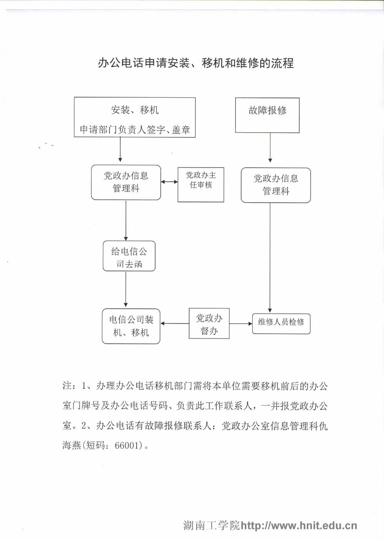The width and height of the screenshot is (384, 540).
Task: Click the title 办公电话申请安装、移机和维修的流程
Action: click(x=196, y=63)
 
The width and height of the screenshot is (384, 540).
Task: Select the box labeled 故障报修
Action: click(x=267, y=115)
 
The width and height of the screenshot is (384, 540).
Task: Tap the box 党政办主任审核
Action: click(x=201, y=184)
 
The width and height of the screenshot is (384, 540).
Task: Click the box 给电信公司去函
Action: click(x=129, y=256)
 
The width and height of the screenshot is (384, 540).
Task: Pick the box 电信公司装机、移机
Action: click(x=131, y=326)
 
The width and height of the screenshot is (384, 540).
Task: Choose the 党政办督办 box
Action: click(x=209, y=324)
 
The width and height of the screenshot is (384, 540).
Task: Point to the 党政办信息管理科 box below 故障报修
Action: click(x=276, y=185)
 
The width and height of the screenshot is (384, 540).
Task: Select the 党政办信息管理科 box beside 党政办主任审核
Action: click(x=126, y=182)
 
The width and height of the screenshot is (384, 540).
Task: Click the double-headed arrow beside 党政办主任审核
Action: click(x=169, y=182)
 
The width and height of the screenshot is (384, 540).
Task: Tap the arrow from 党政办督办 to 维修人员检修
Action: click(x=241, y=324)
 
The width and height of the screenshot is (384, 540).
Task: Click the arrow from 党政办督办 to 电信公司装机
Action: click(x=175, y=324)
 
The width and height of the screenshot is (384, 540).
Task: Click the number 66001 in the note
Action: click(x=126, y=446)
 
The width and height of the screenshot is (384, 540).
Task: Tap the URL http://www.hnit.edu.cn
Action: click(x=299, y=526)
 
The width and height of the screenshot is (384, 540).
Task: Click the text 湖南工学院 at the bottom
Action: click(x=211, y=526)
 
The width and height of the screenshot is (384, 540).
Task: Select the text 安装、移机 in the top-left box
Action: click(x=135, y=110)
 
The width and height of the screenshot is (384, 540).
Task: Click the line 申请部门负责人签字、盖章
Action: click(x=135, y=130)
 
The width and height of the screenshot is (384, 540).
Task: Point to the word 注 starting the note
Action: click(x=67, y=386)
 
